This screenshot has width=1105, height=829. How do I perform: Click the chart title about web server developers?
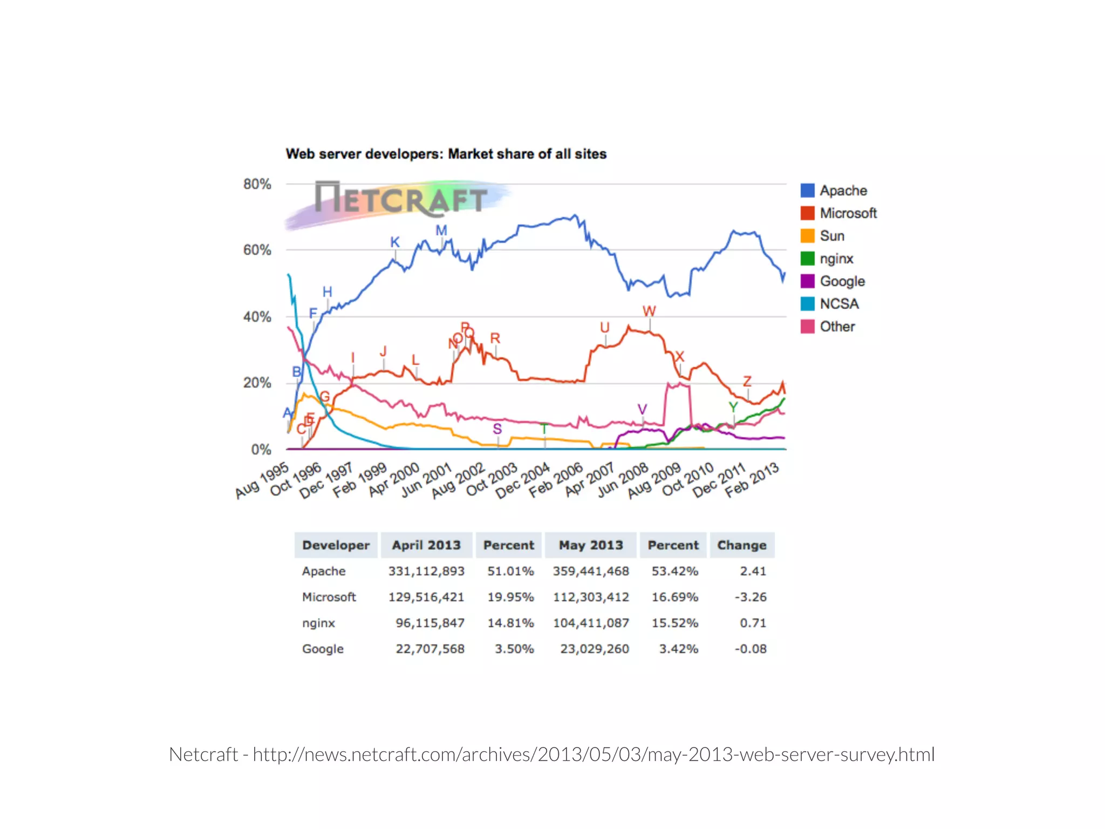pyautogui.click(x=446, y=154)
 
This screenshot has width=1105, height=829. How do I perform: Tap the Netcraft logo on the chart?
pyautogui.click(x=400, y=199)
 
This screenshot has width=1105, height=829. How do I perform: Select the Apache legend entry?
pyautogui.click(x=834, y=191)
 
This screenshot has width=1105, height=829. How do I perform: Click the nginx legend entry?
pyautogui.click(x=827, y=259)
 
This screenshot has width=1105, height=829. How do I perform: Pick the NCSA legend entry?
pyautogui.click(x=829, y=304)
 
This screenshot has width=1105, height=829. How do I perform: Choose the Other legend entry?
pyautogui.click(x=828, y=327)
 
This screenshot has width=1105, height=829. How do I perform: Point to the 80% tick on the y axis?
pyautogui.click(x=257, y=185)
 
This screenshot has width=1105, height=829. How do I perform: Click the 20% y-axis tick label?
pyautogui.click(x=257, y=383)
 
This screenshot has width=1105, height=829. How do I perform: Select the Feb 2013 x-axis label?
pyautogui.click(x=752, y=479)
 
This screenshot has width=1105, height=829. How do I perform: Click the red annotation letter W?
pyautogui.click(x=649, y=311)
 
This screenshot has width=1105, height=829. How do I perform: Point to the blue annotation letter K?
pyautogui.click(x=395, y=242)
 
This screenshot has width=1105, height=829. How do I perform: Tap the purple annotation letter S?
pyautogui.click(x=497, y=429)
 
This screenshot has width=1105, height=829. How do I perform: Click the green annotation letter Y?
pyautogui.click(x=733, y=407)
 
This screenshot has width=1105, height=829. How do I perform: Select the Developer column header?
pyautogui.click(x=336, y=545)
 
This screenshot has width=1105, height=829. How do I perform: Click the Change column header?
pyautogui.click(x=741, y=545)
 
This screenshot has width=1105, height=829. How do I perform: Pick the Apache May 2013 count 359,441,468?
pyautogui.click(x=591, y=571)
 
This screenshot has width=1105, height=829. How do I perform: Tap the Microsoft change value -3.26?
pyautogui.click(x=750, y=597)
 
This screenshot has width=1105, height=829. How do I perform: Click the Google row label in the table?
pyautogui.click(x=323, y=649)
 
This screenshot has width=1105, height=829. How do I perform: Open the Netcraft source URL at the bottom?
pyautogui.click(x=594, y=755)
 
